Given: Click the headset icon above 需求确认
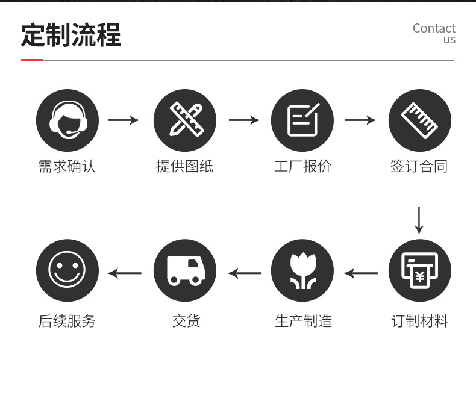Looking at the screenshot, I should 67,120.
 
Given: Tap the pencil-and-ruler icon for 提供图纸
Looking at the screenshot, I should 185,120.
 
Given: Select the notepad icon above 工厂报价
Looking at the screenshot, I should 302,120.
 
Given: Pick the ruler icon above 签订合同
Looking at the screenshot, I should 419,120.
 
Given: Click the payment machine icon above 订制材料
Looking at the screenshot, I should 419,270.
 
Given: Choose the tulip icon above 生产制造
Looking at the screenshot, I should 302,270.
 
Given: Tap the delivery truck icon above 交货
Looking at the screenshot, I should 185,270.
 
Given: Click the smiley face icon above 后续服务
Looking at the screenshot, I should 67,270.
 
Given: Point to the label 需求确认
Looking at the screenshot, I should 67,166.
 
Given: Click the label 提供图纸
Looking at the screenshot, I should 184,166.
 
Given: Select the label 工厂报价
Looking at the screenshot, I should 302,166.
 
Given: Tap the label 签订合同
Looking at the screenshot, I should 419,166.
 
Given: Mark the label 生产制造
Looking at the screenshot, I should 303,321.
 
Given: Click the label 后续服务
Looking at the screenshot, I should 67,321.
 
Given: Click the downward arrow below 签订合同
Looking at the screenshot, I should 419,220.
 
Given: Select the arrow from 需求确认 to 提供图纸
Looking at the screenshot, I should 124,120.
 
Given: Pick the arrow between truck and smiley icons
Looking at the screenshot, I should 125,273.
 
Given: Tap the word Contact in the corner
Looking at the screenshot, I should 434,28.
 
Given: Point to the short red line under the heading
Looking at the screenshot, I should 32,60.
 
